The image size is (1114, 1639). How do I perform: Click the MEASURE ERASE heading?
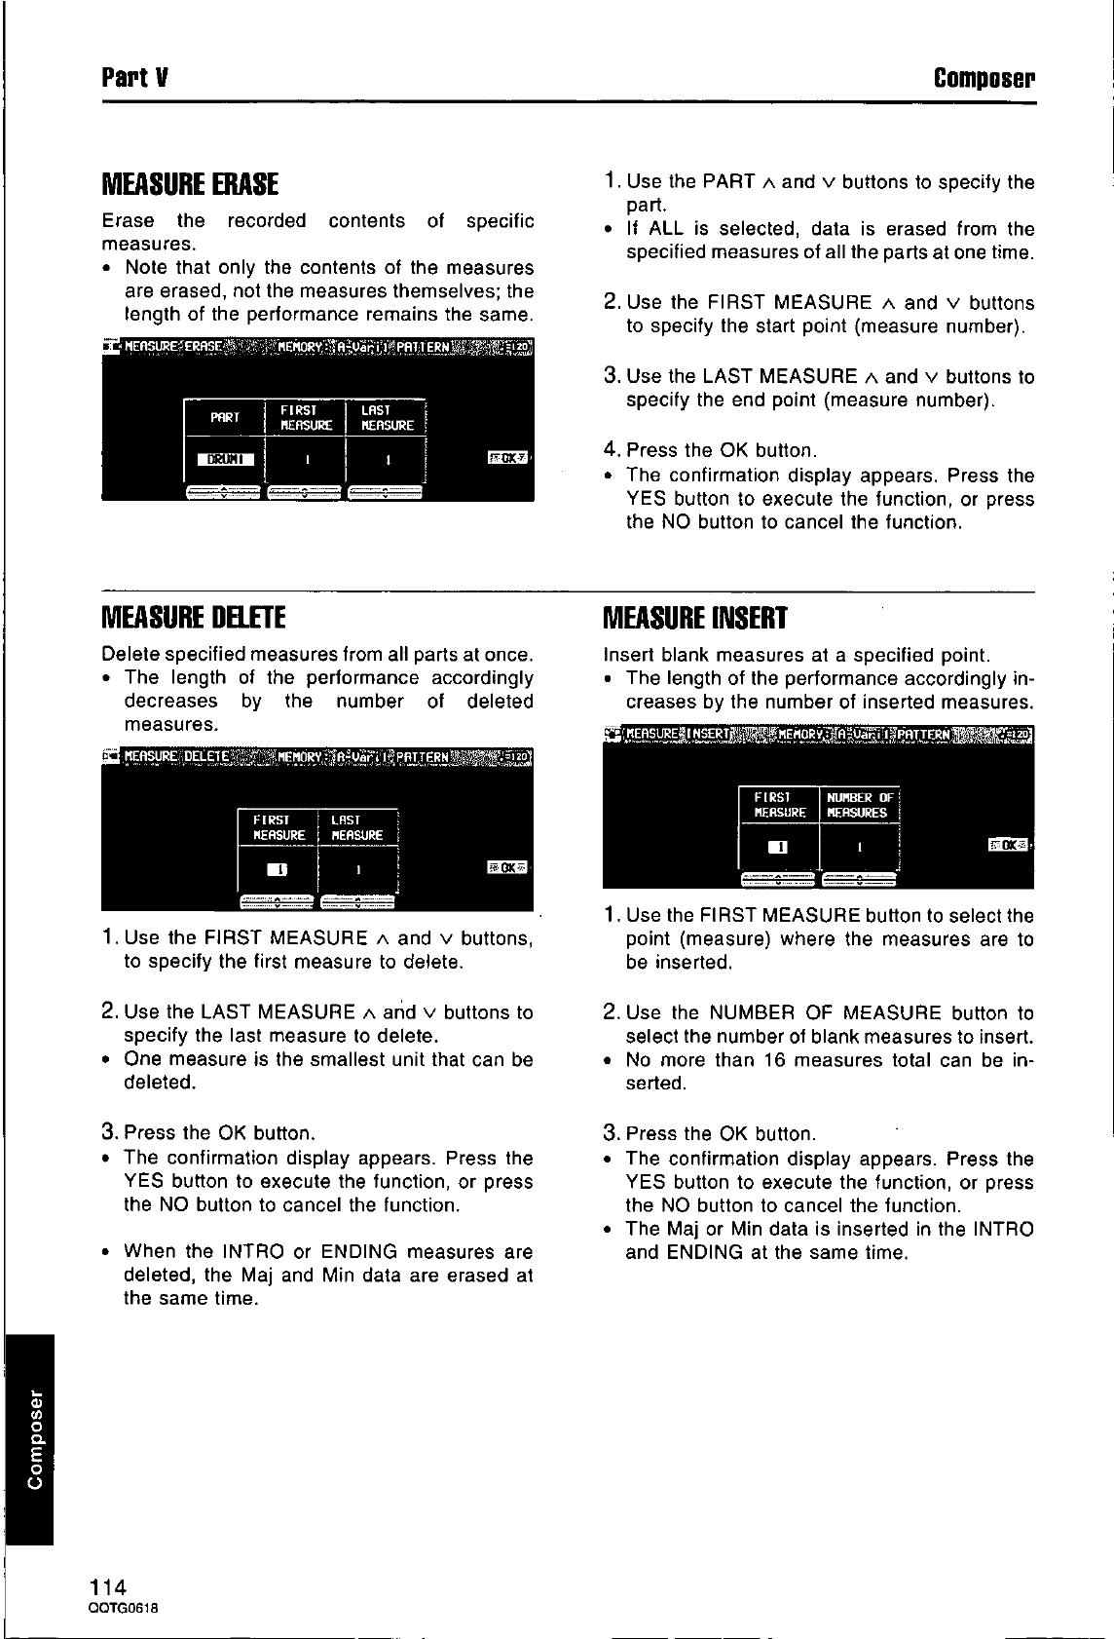tap(191, 184)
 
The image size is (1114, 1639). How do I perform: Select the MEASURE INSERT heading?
tap(695, 618)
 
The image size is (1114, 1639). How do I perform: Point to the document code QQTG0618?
tap(123, 1608)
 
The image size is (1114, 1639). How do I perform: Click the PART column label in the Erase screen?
tap(225, 417)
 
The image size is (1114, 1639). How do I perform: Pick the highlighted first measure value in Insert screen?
tap(778, 847)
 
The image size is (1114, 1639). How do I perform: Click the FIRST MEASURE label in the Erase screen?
tap(306, 417)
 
